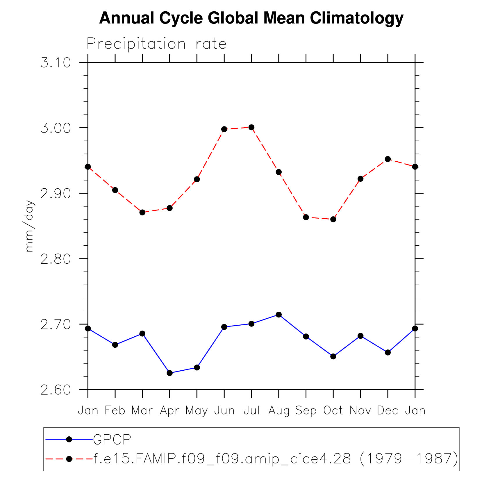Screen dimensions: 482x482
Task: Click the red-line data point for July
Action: coord(251,127)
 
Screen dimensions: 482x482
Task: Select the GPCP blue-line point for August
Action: coord(279,315)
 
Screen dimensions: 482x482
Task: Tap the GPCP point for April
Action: coord(170,373)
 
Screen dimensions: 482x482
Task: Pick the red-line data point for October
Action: coord(333,219)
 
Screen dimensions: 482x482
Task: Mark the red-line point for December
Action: coord(388,159)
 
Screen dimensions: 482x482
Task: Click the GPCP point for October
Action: coord(333,356)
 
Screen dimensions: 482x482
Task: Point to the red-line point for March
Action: coord(142,213)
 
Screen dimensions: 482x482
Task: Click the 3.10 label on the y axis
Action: coord(56,63)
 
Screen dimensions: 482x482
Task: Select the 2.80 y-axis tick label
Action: coord(56,259)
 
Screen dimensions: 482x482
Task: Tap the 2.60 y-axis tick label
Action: coord(56,390)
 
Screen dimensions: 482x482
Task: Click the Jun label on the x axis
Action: coord(224,411)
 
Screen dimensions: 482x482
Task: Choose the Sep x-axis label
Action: coord(306,411)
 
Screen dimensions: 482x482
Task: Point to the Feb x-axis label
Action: coord(115,411)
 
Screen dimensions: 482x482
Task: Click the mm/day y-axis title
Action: coord(30,226)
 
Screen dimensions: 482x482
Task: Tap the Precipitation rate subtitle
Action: coord(156,44)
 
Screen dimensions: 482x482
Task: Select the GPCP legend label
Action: coord(112,439)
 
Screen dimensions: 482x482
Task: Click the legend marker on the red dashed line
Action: coord(69,459)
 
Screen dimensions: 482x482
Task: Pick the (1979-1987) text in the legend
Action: coord(409,459)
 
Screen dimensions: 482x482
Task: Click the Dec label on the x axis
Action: coord(388,411)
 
